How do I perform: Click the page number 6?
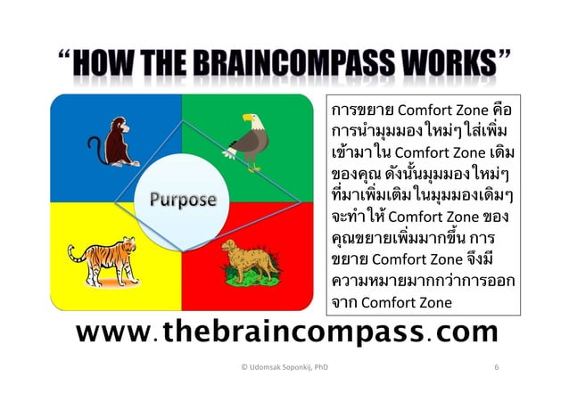tap(495, 366)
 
